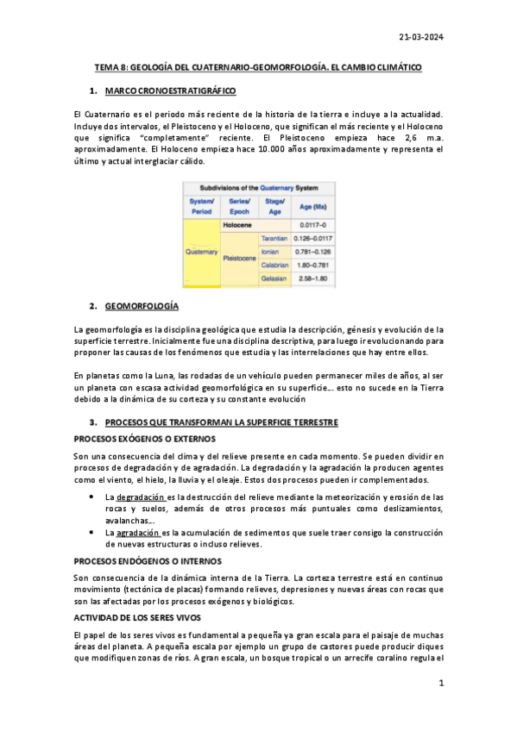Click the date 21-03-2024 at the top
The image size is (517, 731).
pos(421,36)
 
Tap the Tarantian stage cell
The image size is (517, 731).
pos(274,238)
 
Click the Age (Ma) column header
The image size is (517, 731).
pos(312,207)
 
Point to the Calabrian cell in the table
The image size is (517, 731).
pos(274,266)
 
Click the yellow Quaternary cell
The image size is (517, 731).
pos(201,252)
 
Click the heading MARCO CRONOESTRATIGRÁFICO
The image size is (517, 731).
pos(170,91)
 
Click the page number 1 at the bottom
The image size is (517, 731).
pos(440,684)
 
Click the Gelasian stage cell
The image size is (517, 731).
pos(274,279)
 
